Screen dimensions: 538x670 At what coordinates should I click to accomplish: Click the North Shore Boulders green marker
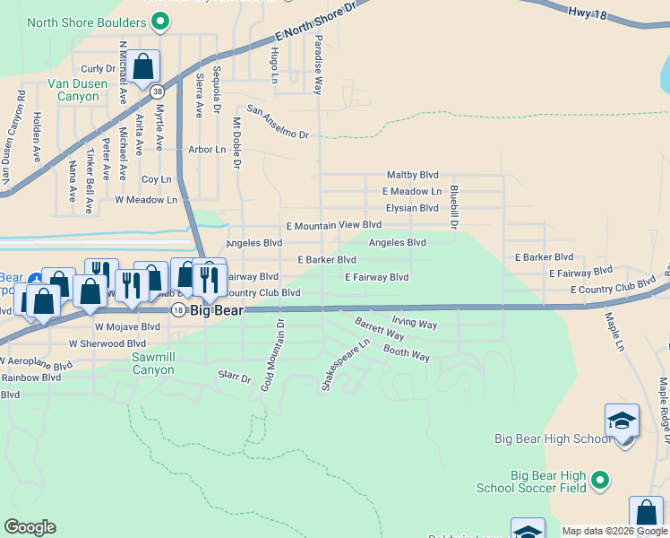click(x=160, y=19)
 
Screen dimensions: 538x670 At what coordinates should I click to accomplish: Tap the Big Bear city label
click(x=213, y=309)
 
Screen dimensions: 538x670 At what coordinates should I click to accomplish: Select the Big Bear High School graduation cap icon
click(x=622, y=421)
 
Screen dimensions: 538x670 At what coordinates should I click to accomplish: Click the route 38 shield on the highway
click(x=158, y=91)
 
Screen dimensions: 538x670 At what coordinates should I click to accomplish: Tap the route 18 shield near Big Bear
click(x=178, y=309)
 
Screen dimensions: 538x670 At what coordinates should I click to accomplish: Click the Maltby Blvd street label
click(x=412, y=175)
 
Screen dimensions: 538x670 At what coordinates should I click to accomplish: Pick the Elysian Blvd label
click(x=412, y=208)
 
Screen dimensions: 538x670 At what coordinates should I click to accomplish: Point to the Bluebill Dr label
click(x=454, y=207)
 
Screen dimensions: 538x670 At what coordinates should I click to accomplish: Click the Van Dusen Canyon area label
click(x=77, y=91)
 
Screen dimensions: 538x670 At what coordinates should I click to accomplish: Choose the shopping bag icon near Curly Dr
click(x=142, y=65)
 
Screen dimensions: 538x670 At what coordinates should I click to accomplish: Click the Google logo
click(x=30, y=527)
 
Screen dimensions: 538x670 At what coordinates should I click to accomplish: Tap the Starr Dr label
click(x=235, y=377)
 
